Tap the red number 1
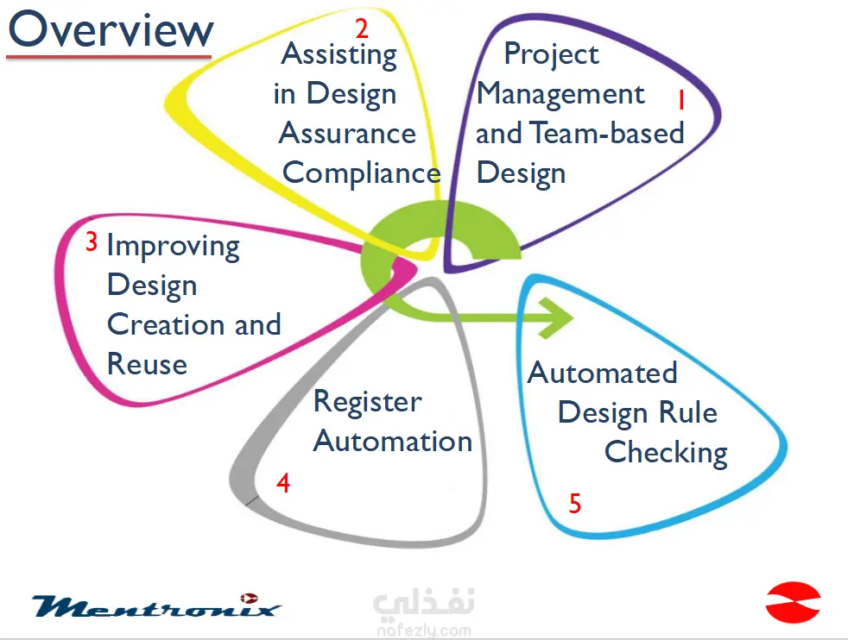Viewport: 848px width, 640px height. [x=680, y=102]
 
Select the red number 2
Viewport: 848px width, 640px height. [x=362, y=28]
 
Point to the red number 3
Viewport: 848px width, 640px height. [x=92, y=243]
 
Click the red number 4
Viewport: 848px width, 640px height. [x=283, y=484]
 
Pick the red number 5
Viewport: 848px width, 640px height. [x=575, y=504]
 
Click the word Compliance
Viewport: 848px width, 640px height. [x=361, y=173]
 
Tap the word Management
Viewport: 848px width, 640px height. [x=560, y=94]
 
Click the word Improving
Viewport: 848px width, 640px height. [x=173, y=247]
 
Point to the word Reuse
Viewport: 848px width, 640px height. [x=147, y=364]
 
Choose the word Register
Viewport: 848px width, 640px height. [x=367, y=403]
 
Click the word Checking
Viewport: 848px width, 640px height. [x=666, y=453]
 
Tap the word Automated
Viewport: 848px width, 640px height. [x=602, y=373]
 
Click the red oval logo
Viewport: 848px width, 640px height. [x=793, y=602]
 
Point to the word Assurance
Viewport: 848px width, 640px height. [x=347, y=134]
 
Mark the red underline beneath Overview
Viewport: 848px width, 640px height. [x=109, y=58]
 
